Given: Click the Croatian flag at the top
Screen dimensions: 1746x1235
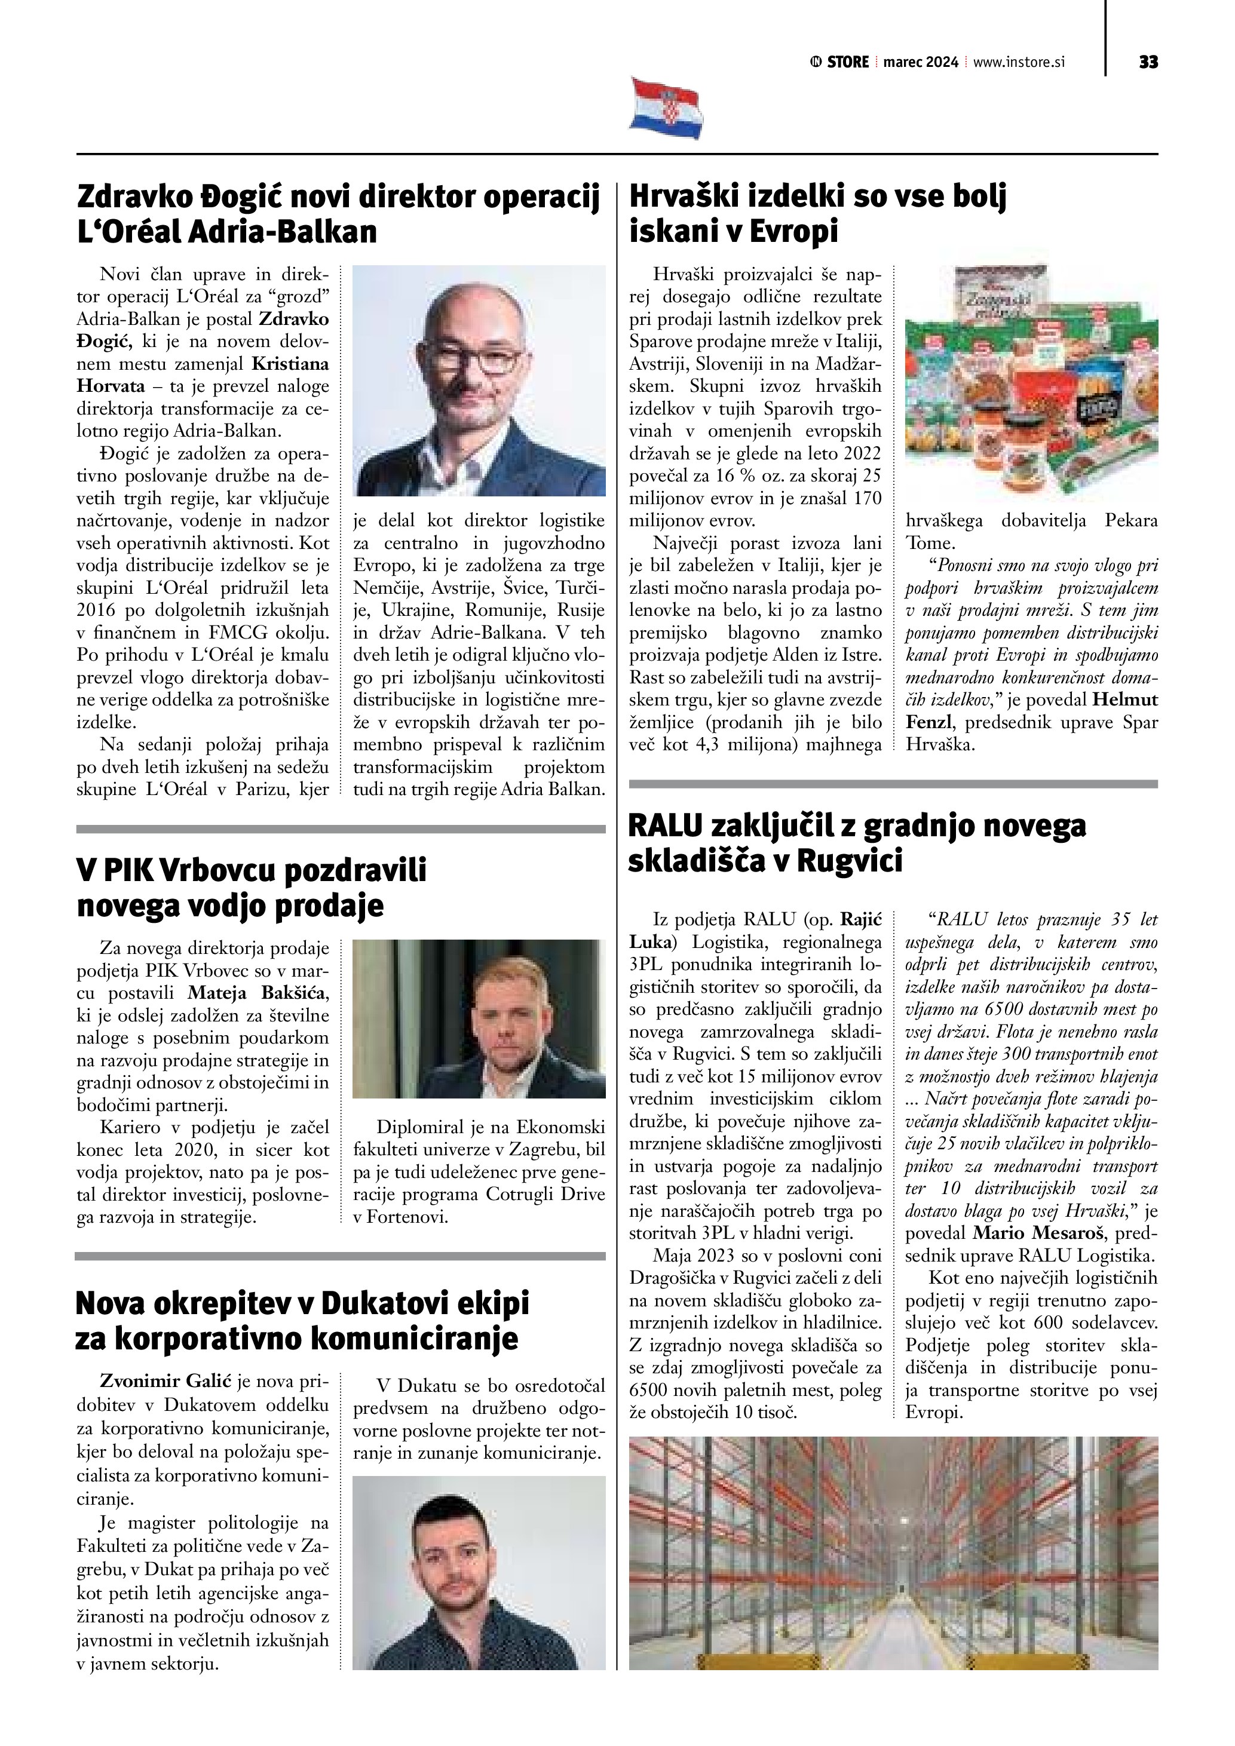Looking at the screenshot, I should point(666,108).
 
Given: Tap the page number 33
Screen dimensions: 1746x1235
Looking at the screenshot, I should point(1148,62).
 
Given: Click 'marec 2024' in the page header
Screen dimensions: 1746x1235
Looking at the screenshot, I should point(920,62).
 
